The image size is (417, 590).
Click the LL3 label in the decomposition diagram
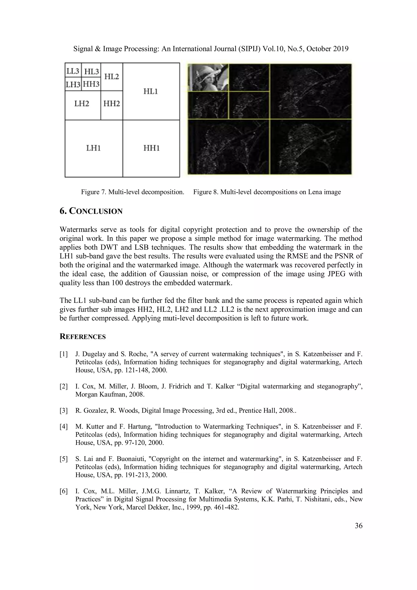73,71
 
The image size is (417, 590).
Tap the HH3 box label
91,84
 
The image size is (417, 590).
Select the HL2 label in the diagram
112,76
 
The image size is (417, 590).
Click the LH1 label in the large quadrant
93,148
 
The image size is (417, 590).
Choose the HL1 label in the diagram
150,91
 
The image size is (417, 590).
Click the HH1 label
151,148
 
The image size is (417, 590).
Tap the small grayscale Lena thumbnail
208,77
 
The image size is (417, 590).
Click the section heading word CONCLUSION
96,211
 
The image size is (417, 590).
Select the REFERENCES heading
82,337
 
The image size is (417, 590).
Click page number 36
358,526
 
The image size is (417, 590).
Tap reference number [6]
64,491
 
